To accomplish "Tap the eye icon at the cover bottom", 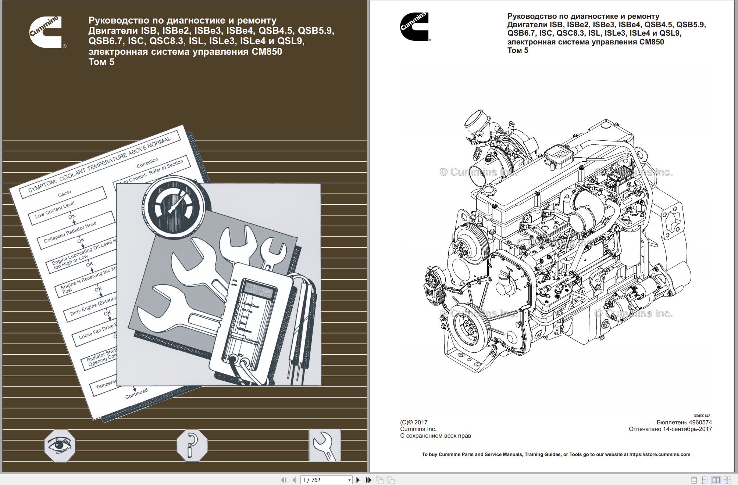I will pos(60,445).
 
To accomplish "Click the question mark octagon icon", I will pos(192,445).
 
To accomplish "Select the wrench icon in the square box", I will pos(324,445).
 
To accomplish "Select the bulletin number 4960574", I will pos(700,423).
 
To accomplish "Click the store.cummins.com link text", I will pos(660,455).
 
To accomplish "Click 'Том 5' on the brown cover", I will pos(101,62).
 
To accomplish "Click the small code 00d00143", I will pos(702,416).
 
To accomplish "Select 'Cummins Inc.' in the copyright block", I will pos(418,429).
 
